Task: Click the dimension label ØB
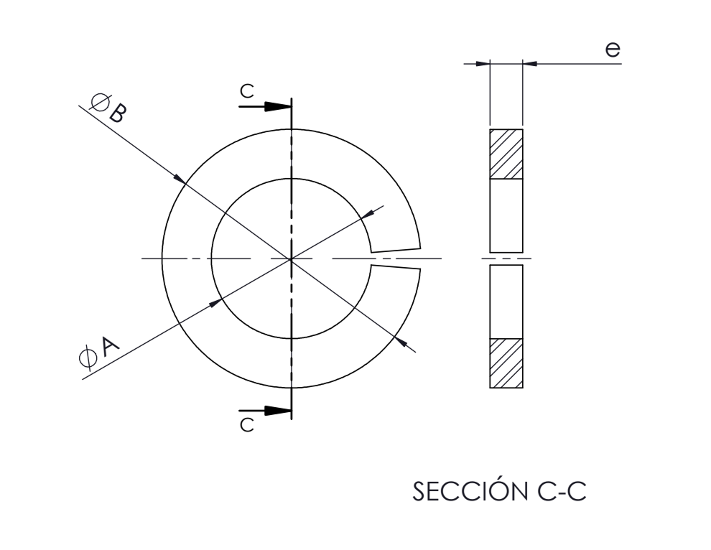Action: (108, 108)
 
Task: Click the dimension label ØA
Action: (99, 351)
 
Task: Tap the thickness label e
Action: (612, 50)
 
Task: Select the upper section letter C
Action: (246, 91)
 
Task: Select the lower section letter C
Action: (246, 425)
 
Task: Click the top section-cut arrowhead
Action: (277, 106)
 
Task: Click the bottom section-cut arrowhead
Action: (277, 411)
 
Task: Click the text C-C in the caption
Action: (562, 491)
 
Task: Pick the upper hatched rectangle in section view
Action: (506, 154)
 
